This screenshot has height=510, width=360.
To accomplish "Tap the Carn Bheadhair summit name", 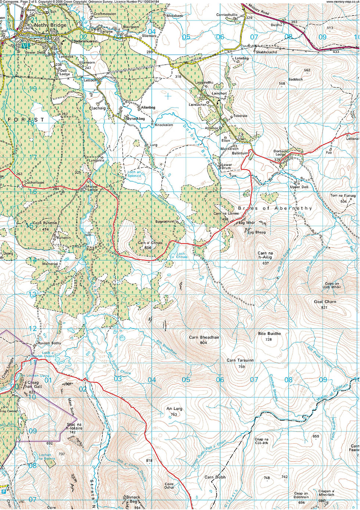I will point(204,337).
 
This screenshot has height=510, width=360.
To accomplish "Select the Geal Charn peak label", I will point(325,302).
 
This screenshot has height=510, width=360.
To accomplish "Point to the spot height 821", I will point(324,307).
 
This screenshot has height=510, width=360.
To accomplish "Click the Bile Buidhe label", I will point(269,334).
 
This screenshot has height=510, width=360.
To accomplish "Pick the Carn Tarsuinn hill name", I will point(240,360).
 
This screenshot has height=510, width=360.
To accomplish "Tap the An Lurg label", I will point(174,409).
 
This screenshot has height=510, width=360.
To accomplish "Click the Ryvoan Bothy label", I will point(50,343).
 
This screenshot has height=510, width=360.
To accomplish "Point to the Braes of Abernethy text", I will point(275,208).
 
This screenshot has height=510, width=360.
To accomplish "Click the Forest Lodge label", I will point(93,188).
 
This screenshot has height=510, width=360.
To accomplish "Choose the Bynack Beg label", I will point(133,499).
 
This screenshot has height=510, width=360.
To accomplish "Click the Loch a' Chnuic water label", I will point(182,255).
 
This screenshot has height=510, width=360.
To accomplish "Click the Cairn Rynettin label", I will point(45,223).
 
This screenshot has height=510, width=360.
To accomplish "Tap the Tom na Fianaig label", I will point(343,196).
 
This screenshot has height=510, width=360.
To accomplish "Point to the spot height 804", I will point(204,342).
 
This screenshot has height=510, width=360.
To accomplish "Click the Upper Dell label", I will point(299,187).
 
